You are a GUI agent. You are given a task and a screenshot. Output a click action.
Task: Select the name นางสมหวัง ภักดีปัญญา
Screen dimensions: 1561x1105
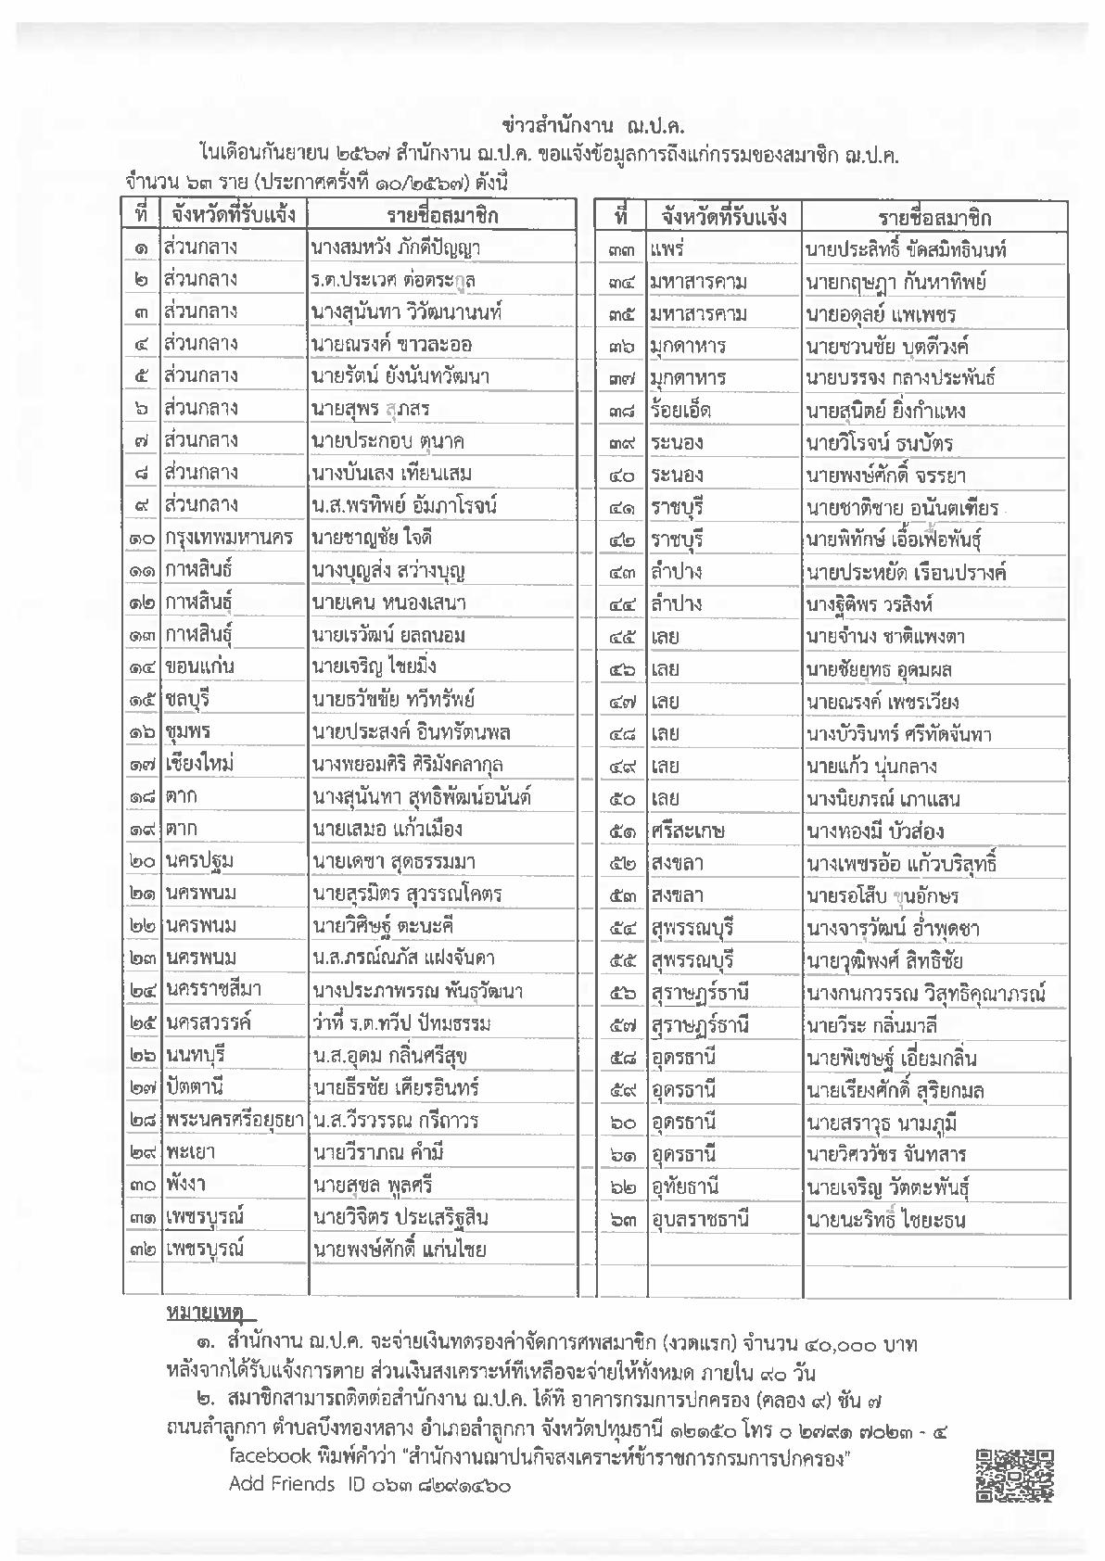pos(396,247)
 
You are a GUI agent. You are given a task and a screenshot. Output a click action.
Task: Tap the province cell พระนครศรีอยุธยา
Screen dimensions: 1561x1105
pos(235,1120)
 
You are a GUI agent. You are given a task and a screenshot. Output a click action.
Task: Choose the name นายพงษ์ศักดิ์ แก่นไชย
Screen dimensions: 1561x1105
pos(400,1249)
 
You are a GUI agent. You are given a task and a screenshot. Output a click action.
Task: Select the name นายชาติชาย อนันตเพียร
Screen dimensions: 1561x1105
pos(902,508)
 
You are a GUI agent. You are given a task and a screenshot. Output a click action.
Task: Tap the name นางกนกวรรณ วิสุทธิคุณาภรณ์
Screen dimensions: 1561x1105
pos(925,994)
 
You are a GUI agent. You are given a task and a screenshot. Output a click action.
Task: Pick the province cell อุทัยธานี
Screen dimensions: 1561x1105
pos(686,1187)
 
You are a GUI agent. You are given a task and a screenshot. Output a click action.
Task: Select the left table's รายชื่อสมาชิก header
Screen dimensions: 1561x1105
pos(442,215)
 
